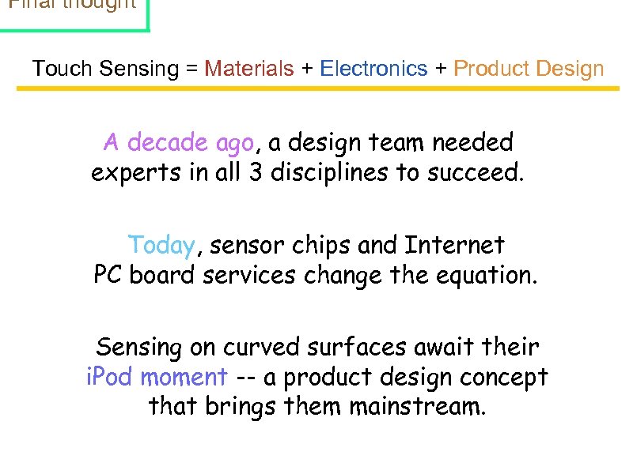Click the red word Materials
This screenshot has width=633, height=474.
(x=248, y=69)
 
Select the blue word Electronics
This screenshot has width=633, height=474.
(x=373, y=69)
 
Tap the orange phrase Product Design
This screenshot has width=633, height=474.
(x=529, y=69)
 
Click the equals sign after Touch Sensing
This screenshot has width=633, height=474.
(x=191, y=70)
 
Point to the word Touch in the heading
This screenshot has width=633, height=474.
(x=63, y=69)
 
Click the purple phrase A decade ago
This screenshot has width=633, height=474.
(x=179, y=143)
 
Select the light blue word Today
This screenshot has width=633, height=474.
(x=161, y=246)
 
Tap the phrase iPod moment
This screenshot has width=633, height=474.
(x=157, y=377)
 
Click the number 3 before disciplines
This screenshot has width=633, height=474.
(x=256, y=172)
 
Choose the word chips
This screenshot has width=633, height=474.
(x=320, y=246)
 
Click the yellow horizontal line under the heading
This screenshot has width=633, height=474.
(x=316, y=88)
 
